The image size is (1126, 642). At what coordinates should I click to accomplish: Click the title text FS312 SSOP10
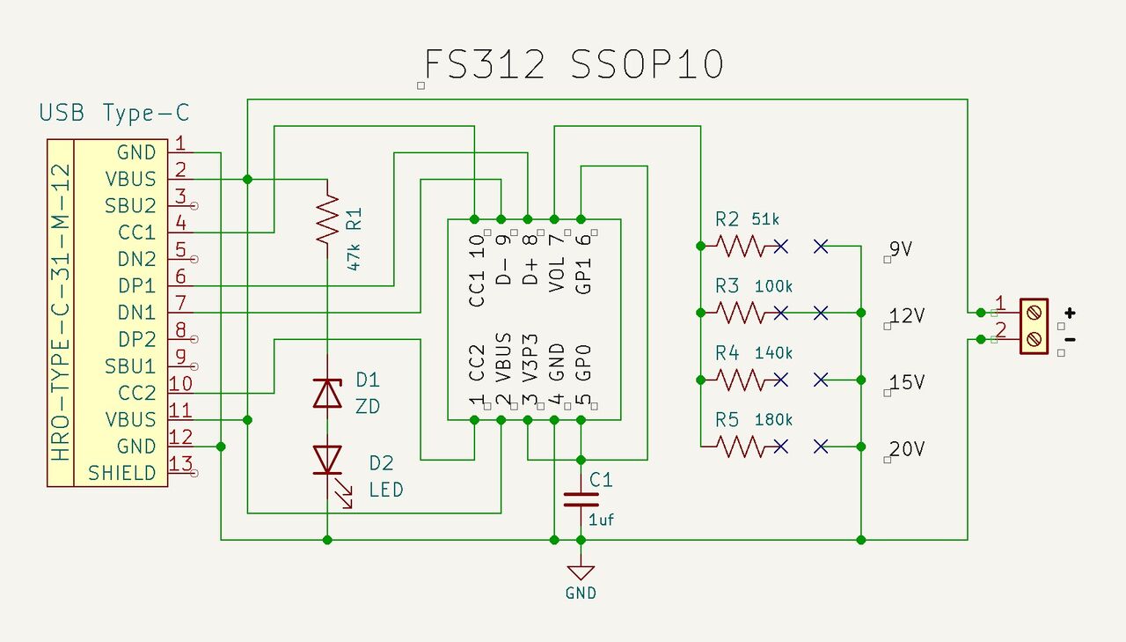point(574,65)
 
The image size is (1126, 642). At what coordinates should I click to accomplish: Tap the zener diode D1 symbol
point(327,393)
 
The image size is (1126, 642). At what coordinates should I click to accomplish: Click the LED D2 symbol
point(327,461)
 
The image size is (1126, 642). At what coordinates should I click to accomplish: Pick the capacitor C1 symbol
point(581,498)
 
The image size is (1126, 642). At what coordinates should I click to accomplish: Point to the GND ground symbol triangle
point(581,572)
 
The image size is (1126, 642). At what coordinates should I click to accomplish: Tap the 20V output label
point(907,449)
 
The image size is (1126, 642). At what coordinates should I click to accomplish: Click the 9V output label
point(901,249)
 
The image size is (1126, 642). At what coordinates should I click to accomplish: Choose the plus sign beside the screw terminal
point(1070,313)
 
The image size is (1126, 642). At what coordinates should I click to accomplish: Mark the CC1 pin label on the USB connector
point(136,232)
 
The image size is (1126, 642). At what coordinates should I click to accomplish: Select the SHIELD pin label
point(122,473)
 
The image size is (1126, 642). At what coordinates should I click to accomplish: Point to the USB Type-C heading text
point(114,113)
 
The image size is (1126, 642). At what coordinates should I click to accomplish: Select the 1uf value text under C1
point(602,520)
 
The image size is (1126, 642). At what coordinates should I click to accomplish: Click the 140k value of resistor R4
point(773,353)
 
